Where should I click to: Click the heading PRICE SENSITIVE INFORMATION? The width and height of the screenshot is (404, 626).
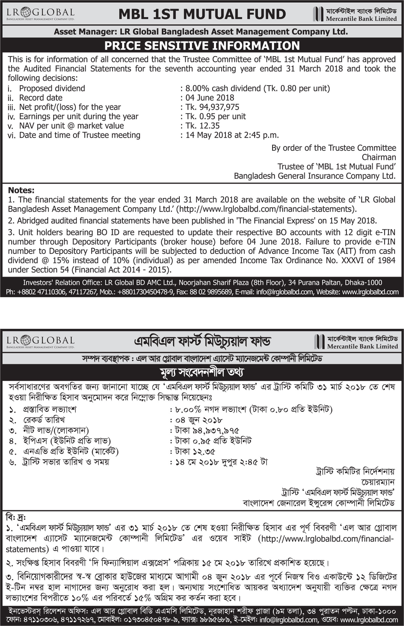tap(202, 46)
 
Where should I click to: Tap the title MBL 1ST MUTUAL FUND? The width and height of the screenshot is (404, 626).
tap(202, 14)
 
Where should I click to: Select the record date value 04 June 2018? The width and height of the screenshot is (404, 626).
tap(210, 98)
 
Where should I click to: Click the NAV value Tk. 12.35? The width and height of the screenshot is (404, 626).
tap(203, 126)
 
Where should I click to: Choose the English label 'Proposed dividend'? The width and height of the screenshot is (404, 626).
tap(52, 88)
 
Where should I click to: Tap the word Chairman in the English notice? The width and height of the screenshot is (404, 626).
tap(379, 157)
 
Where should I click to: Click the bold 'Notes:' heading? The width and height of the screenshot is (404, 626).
tap(21, 190)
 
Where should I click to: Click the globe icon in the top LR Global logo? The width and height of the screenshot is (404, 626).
tap(27, 12)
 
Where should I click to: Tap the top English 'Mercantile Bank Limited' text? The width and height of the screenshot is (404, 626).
tap(361, 19)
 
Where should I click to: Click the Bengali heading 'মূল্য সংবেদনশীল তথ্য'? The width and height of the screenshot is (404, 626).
tap(202, 372)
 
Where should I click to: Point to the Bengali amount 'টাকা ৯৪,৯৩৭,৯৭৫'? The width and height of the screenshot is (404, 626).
tap(207, 431)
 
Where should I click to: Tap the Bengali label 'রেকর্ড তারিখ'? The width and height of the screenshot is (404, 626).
tap(44, 420)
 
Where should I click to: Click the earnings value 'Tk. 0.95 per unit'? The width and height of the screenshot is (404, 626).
tap(216, 116)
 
